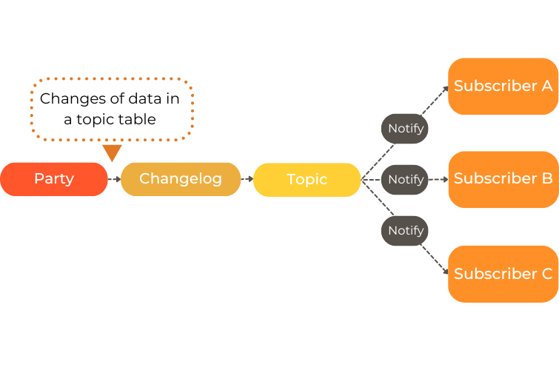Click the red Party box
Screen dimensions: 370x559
54,179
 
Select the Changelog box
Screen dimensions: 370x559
181,179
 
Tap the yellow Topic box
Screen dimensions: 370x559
307,180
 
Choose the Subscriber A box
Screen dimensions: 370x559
503,86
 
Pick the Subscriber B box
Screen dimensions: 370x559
503,179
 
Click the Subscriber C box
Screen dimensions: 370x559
503,274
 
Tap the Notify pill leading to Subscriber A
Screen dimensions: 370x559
405,129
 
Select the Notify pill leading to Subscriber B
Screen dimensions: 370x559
405,180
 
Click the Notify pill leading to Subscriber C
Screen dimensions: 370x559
405,231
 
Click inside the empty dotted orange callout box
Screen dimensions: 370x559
112,109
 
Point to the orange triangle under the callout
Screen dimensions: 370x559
112,152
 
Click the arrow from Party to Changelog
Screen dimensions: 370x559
114,179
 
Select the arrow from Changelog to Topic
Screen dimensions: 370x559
247,179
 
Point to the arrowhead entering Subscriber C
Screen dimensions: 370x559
446,272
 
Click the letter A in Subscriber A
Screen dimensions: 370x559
546,86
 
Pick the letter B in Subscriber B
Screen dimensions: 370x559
546,179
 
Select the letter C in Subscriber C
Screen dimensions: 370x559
546,274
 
